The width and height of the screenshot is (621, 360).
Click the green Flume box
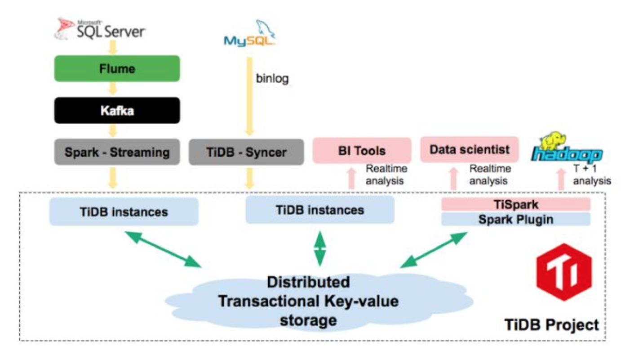coord(117,68)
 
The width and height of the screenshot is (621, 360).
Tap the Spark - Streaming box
coord(117,152)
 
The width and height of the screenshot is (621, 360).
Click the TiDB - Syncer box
coord(246,152)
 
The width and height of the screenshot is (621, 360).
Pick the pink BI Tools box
coord(361,150)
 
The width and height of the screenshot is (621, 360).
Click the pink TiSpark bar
coord(515,204)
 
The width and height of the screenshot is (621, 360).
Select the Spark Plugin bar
coord(515,219)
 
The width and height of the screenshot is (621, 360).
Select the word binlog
coord(272,79)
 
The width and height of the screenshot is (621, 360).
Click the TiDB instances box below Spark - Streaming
coord(124,211)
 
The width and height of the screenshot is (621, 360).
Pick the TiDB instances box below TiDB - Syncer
coord(319,210)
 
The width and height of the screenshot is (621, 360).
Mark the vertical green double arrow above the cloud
coord(319,248)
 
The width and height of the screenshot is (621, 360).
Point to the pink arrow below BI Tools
coord(352,179)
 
